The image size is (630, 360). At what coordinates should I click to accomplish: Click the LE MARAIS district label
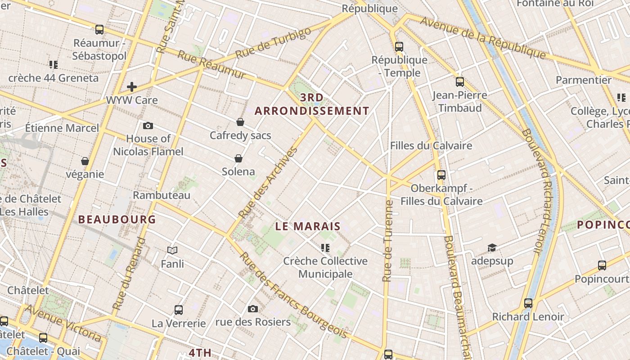point(308,226)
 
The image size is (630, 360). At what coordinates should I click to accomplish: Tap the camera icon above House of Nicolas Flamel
point(148,126)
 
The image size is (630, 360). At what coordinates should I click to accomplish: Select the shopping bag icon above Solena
point(238,158)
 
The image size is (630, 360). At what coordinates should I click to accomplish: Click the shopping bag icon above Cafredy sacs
point(240,122)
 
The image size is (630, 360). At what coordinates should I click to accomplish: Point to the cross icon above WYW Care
point(132,86)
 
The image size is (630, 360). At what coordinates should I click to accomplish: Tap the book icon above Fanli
point(172,250)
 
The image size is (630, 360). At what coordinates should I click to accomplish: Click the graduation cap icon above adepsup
point(492,247)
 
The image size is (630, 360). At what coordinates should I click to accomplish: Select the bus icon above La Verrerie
point(179,310)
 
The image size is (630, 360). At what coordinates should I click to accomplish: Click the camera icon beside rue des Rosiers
point(253,309)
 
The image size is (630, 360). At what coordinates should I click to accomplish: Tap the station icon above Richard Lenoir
point(528,303)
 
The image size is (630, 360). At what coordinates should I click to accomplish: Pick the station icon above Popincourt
point(602,265)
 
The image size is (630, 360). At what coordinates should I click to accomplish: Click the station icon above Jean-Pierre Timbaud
point(460,82)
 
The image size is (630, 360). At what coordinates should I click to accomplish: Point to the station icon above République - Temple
point(399,46)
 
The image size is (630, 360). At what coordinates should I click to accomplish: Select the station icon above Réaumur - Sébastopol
point(99,30)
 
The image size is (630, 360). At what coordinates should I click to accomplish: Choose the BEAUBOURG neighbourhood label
point(117,220)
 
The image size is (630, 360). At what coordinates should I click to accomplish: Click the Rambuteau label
point(162,195)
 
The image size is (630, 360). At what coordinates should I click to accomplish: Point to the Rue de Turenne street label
point(388,241)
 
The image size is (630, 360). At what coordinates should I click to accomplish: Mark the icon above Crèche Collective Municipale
point(325,247)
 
